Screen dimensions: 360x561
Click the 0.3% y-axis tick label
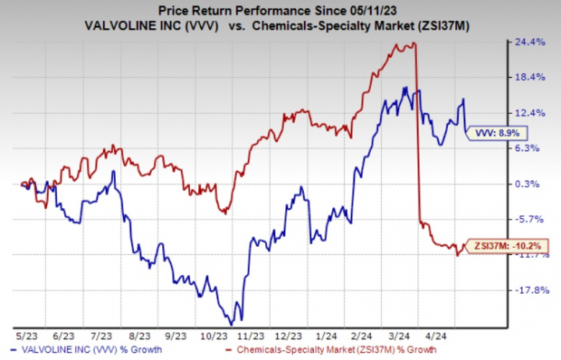[x=529, y=184]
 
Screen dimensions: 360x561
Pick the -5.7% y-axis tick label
[x=528, y=219]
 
